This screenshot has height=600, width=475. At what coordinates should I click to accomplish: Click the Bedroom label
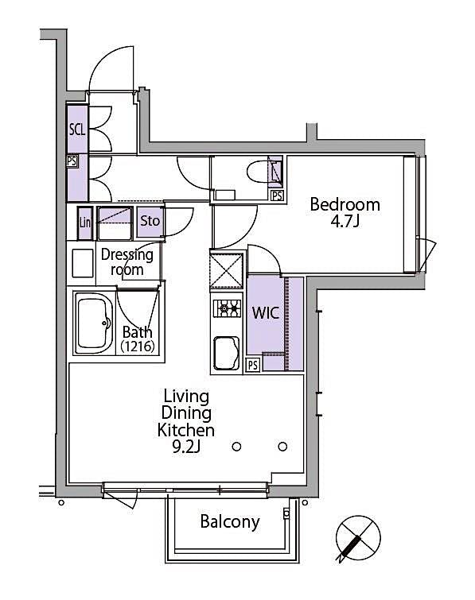pyautogui.click(x=345, y=204)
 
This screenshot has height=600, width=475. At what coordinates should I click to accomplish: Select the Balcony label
pyautogui.click(x=229, y=522)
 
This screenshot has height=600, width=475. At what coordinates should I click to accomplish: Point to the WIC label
pyautogui.click(x=265, y=312)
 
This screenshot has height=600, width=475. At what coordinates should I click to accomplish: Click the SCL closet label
pyautogui.click(x=77, y=130)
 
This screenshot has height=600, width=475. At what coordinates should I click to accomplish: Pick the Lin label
pyautogui.click(x=84, y=223)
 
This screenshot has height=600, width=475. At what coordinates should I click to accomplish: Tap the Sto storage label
pyautogui.click(x=150, y=222)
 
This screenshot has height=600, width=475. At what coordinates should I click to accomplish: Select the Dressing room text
pyautogui.click(x=127, y=262)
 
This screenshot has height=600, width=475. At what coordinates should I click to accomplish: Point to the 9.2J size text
pyautogui.click(x=186, y=448)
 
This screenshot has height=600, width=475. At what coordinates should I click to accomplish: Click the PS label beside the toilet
pyautogui.click(x=276, y=195)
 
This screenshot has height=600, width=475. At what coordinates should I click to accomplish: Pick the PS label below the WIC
pyautogui.click(x=251, y=366)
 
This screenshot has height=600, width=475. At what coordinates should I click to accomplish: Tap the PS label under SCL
pyautogui.click(x=72, y=161)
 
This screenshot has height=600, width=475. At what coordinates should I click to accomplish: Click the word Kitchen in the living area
pyautogui.click(x=186, y=431)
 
